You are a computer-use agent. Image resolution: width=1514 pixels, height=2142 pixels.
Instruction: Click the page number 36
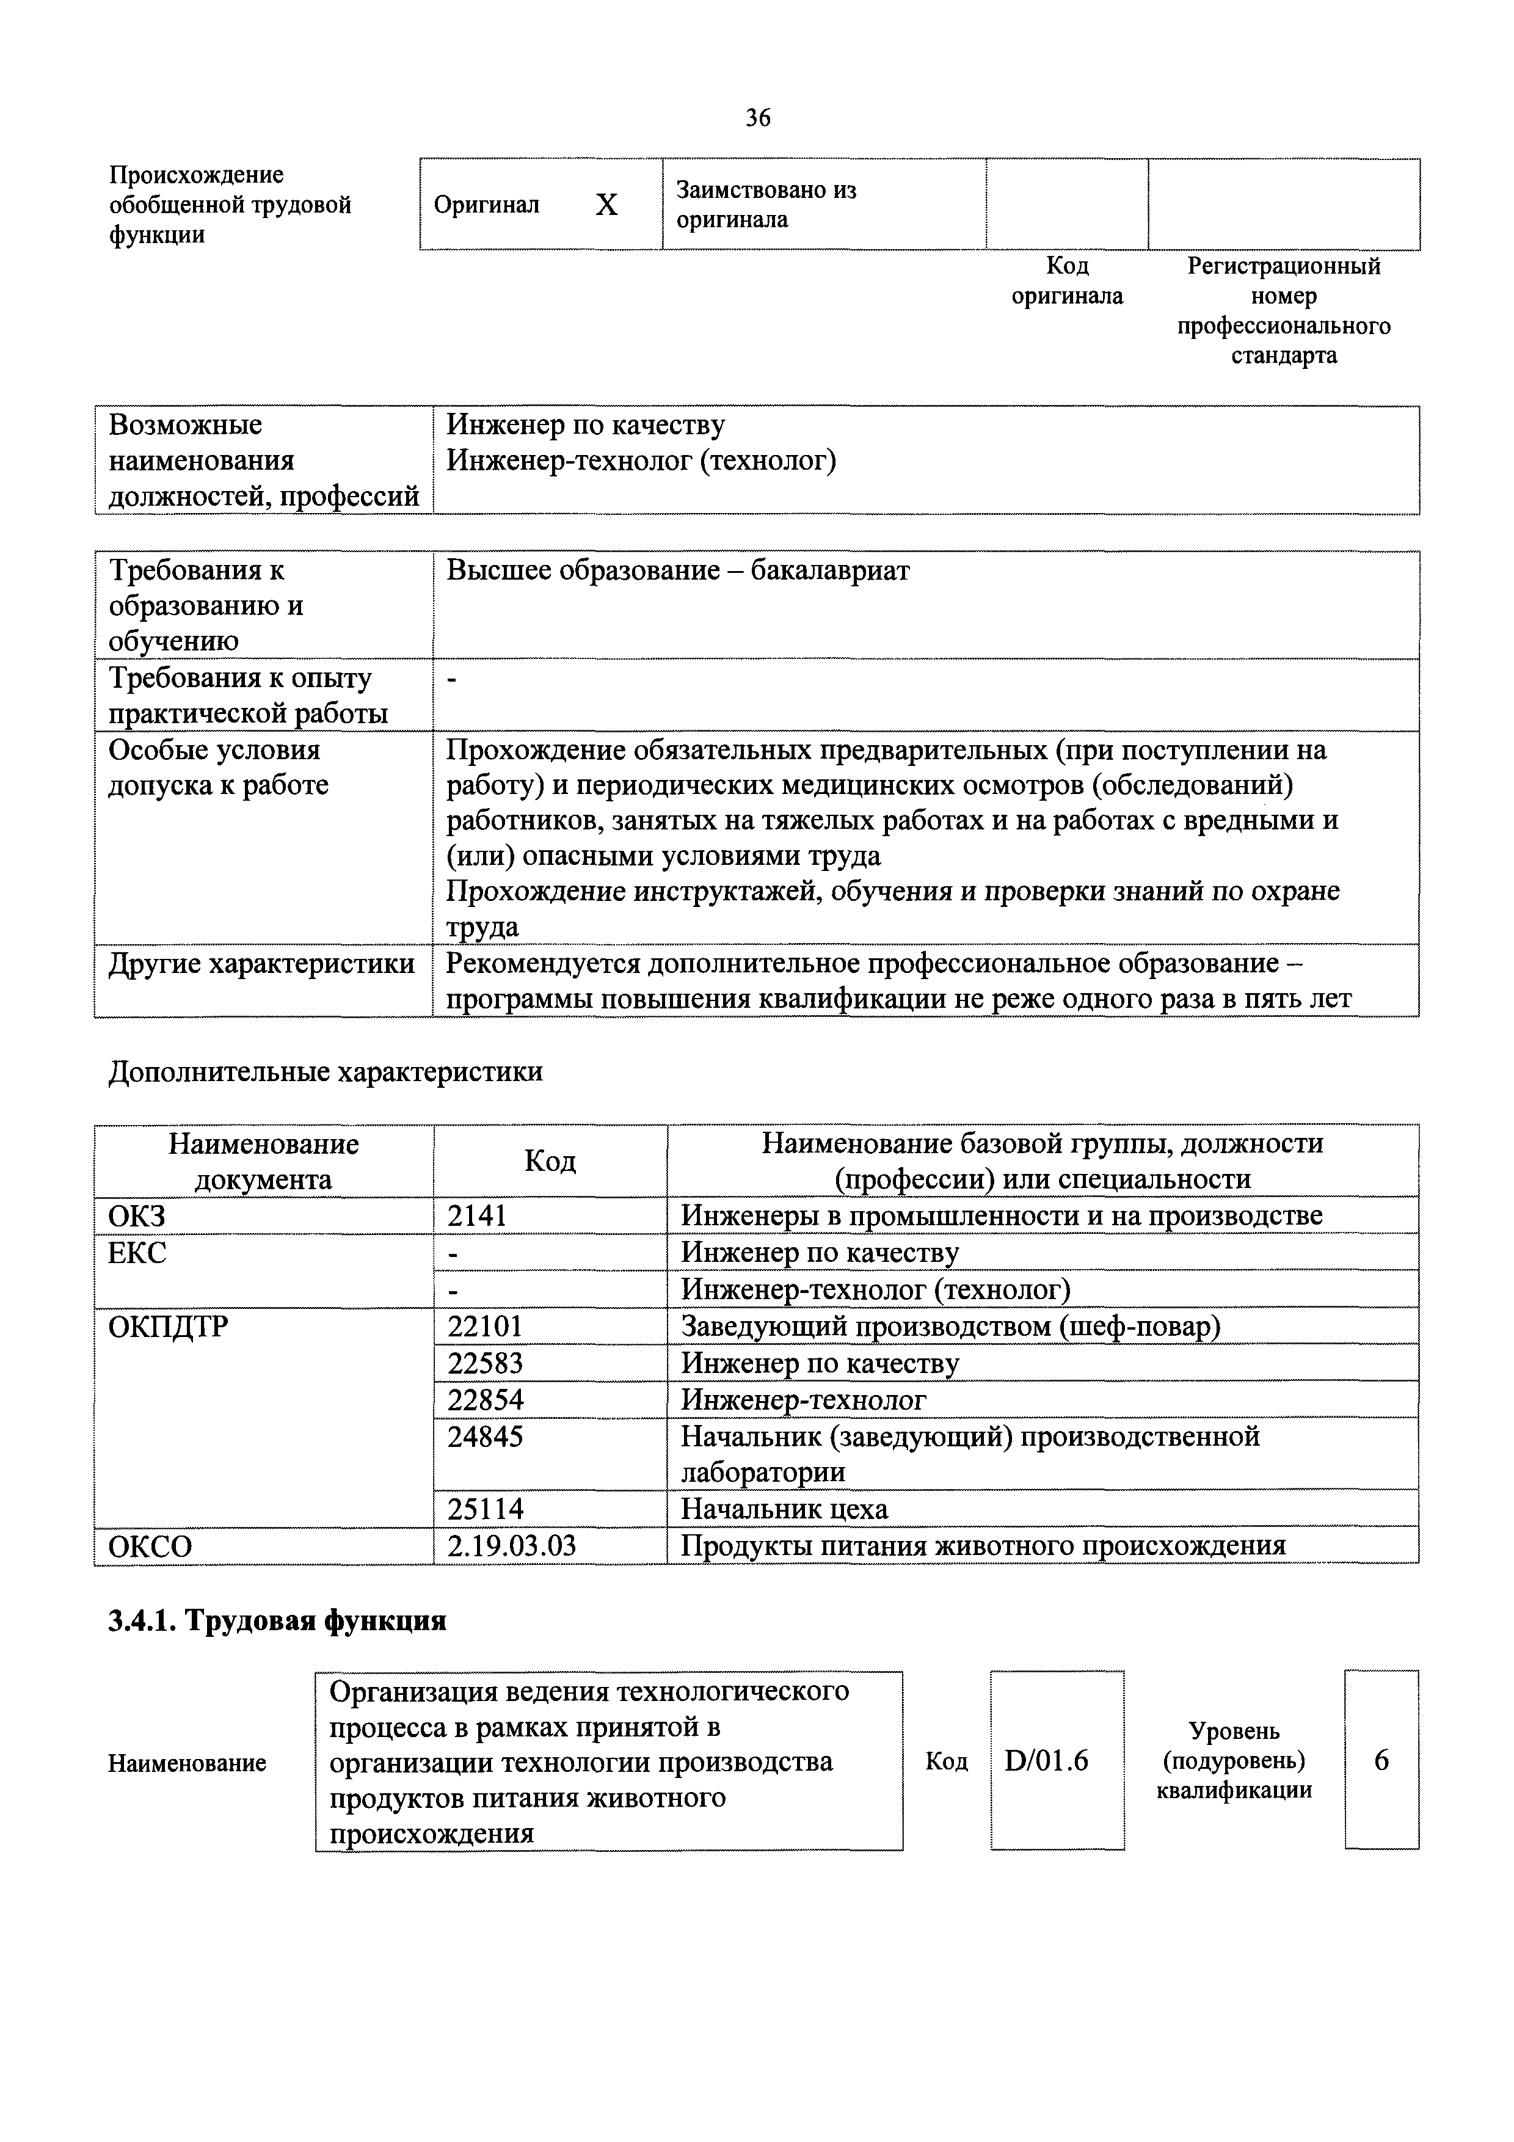(x=757, y=117)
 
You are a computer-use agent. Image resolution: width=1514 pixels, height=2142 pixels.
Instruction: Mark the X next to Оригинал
(x=606, y=205)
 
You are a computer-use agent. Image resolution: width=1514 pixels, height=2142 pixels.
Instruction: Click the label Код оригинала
(x=1067, y=281)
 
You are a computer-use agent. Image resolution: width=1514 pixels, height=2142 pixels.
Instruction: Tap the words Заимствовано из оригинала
(x=766, y=205)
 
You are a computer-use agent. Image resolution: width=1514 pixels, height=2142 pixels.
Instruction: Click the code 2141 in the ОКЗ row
(x=477, y=1215)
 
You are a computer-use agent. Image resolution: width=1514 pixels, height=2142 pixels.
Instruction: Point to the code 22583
(x=485, y=1363)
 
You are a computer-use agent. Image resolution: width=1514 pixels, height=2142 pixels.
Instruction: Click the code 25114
(x=485, y=1509)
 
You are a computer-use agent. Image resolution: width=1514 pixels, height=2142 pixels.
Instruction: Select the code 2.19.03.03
(x=511, y=1546)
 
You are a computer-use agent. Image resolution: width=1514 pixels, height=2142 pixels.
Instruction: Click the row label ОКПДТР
(x=168, y=1327)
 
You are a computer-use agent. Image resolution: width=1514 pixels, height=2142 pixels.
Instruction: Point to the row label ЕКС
(x=137, y=1253)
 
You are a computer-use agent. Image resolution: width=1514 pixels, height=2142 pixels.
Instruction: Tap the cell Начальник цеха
(x=784, y=1509)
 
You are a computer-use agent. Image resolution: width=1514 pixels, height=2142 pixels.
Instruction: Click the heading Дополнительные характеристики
(x=326, y=1072)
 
